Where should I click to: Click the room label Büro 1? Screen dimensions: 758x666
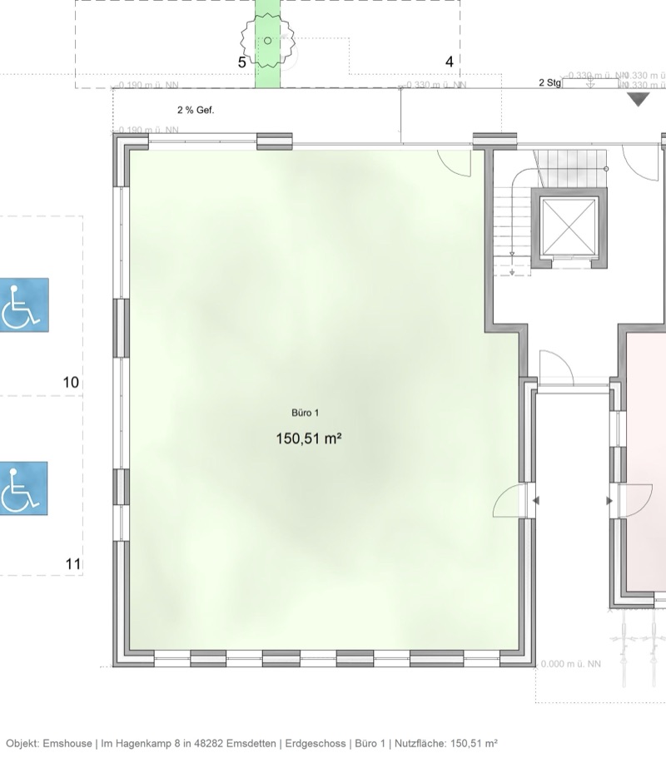pos(305,413)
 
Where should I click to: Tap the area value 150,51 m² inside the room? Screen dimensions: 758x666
pos(309,438)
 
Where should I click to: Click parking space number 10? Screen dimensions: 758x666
pos(72,383)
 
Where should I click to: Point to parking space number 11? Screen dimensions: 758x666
pos(73,564)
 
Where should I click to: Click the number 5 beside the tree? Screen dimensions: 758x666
pos(242,62)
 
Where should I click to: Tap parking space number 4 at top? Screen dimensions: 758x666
pos(450,62)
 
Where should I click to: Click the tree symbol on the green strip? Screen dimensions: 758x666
pos(267,41)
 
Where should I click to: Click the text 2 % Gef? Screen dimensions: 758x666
pos(196,110)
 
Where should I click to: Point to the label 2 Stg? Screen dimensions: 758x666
pos(549,83)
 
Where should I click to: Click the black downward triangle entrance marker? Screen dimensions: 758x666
pos(638,100)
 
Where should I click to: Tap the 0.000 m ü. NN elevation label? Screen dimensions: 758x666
pos(571,664)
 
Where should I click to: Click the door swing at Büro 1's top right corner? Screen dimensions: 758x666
pos(456,161)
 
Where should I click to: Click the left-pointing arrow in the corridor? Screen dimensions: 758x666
pos(535,501)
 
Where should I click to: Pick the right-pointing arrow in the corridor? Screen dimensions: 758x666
pos(609,501)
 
